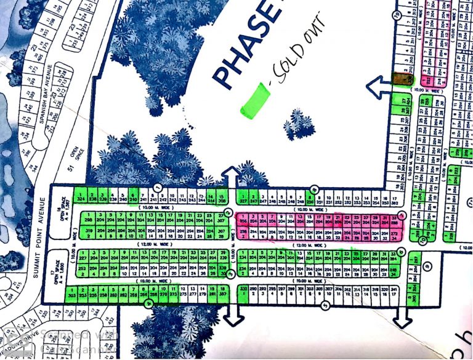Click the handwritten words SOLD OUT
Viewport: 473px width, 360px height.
[x=302, y=66]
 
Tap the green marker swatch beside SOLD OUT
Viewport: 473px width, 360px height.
[x=255, y=99]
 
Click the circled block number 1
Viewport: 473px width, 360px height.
[x=158, y=186]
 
